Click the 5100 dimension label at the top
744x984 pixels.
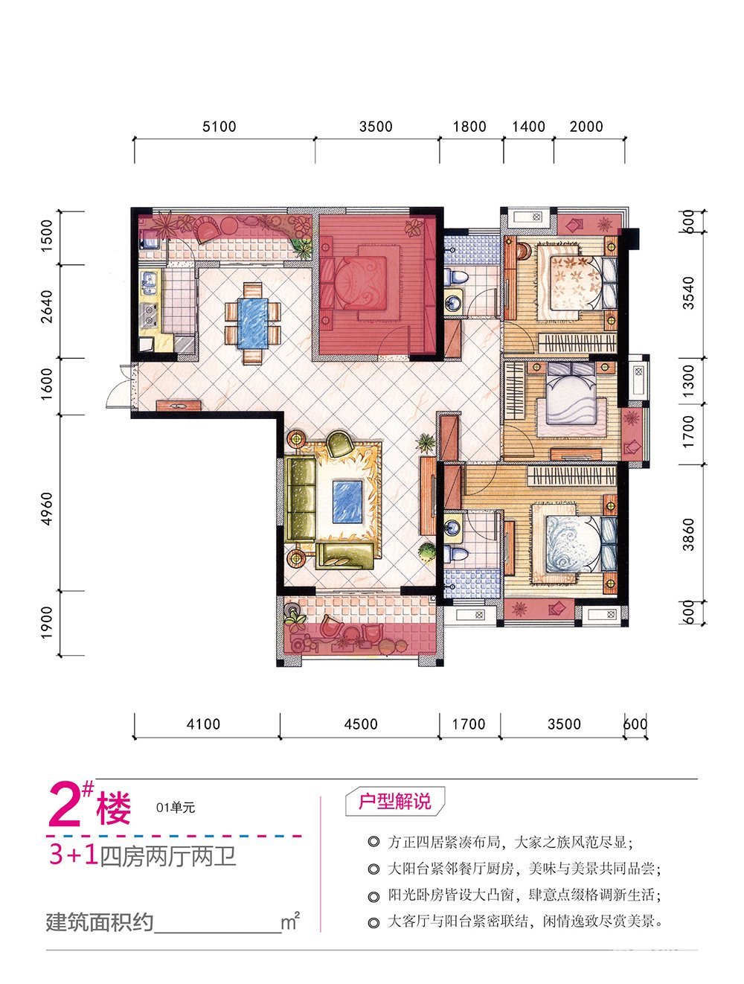[219, 127]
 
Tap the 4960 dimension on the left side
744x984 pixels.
[47, 509]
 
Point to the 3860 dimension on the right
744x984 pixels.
[688, 534]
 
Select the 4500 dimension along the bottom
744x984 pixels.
[361, 724]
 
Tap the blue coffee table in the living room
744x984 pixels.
[347, 501]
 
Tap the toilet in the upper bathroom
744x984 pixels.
[456, 276]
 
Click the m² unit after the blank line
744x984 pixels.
[290, 921]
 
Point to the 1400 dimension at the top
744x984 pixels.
[528, 127]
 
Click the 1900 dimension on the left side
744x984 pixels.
[47, 623]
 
